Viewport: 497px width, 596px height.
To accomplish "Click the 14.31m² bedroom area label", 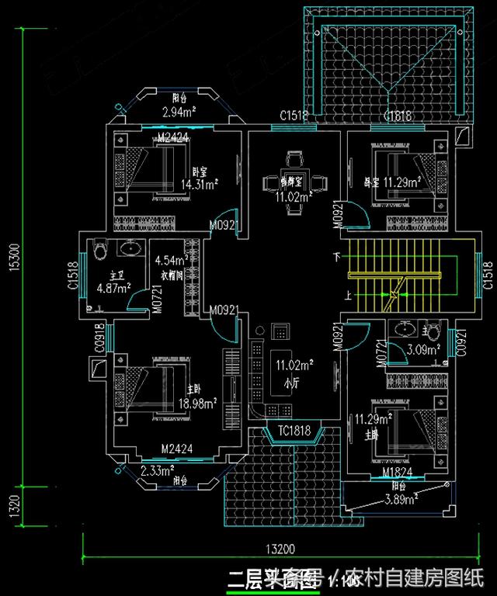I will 199,184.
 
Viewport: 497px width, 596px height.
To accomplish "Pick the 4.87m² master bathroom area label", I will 113,288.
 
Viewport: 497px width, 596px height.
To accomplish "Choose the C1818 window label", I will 396,116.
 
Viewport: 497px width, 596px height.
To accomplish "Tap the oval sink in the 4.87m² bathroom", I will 132,250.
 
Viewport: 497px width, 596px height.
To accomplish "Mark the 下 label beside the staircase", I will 336,256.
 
